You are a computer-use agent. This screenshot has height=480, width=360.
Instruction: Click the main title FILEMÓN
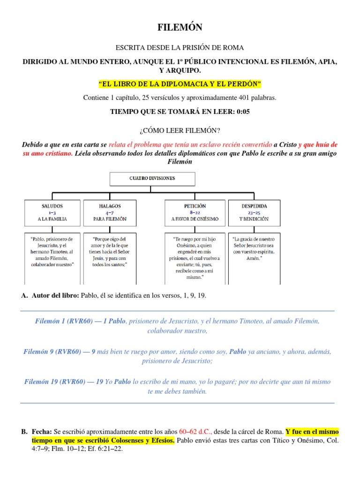click(x=180, y=28)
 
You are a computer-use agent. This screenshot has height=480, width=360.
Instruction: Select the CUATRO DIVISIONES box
click(x=152, y=179)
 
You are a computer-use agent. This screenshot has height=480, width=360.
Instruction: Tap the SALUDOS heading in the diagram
click(x=52, y=206)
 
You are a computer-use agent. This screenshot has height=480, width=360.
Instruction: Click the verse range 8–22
click(x=195, y=212)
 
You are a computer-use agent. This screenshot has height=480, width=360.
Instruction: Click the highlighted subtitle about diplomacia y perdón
click(x=180, y=84)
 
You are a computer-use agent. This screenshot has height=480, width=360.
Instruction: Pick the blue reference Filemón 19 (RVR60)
click(x=64, y=382)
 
